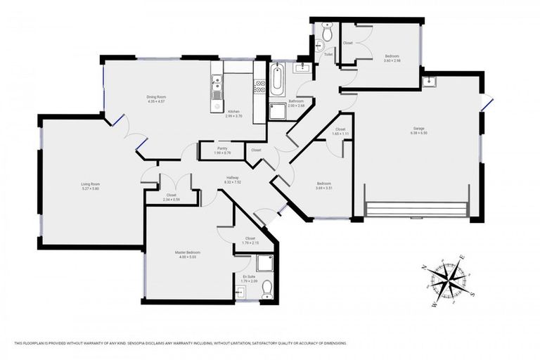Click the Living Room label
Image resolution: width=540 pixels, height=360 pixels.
click(x=90, y=184)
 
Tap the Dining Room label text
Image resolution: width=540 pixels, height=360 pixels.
click(x=156, y=97)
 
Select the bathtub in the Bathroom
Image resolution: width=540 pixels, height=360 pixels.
click(x=276, y=81)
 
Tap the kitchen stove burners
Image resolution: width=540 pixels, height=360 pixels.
click(x=259, y=88)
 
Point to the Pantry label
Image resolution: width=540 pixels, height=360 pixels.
click(x=222, y=148)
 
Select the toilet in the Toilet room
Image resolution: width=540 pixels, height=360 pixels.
click(x=326, y=33)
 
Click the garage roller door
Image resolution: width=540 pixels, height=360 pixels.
click(x=418, y=210)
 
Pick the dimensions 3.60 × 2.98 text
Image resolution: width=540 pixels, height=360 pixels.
click(x=392, y=60)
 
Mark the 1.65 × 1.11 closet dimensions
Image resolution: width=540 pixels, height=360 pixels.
click(x=340, y=134)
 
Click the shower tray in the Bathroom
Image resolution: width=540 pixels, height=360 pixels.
click(x=278, y=112)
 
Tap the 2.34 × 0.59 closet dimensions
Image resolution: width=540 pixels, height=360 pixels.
click(x=172, y=200)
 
